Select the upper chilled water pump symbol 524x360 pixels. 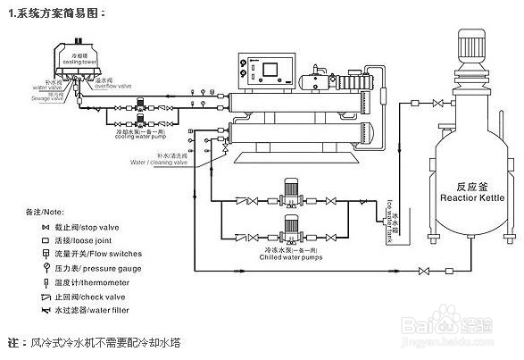tap(288, 190)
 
